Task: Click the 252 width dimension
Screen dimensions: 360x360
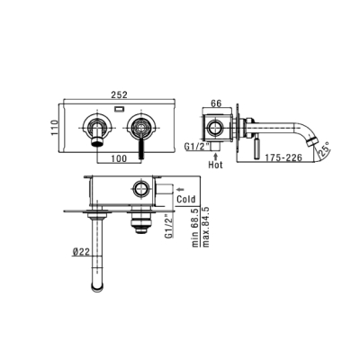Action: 120,94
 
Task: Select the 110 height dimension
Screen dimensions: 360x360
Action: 55,128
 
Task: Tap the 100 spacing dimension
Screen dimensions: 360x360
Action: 119,158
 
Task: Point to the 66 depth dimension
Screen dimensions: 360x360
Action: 216,103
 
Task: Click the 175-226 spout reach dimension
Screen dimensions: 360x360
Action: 283,157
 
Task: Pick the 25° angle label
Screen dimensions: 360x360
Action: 323,150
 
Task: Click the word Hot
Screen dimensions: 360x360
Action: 216,165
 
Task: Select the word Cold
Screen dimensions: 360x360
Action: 186,199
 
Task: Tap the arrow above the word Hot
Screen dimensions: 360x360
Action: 216,156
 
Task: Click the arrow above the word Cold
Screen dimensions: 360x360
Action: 181,189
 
